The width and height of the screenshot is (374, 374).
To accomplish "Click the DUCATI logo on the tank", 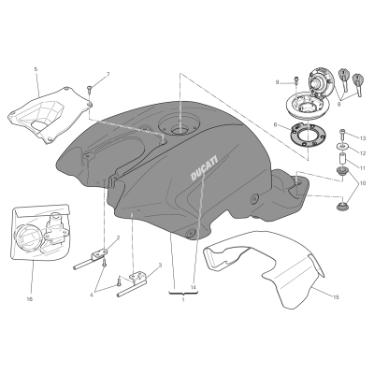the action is click(204, 168).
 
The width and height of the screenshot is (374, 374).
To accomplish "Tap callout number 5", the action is click(36, 69).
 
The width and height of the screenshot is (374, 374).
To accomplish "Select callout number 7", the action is click(108, 74).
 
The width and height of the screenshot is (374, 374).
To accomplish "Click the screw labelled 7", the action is click(89, 90).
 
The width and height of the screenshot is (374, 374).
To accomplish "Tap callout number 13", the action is click(362, 138).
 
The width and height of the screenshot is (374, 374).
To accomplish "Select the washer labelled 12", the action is click(342, 146).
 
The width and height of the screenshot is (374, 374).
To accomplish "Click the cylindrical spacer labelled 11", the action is click(342, 159).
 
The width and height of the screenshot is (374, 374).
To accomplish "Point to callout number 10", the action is click(362, 183).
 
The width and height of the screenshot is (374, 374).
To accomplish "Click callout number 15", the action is click(336, 297).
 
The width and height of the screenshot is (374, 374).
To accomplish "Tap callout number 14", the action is click(194, 287).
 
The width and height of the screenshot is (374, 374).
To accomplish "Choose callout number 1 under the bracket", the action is click(183, 300).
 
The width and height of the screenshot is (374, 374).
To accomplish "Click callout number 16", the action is click(30, 299).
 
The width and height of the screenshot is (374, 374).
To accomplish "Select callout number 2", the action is click(118, 238).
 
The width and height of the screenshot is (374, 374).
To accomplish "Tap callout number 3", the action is click(160, 266).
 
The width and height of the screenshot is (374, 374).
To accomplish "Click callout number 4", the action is click(92, 295).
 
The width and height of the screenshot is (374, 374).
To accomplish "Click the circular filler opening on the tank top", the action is click(178, 124).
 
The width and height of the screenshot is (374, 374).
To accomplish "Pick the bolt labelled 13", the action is click(343, 134).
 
